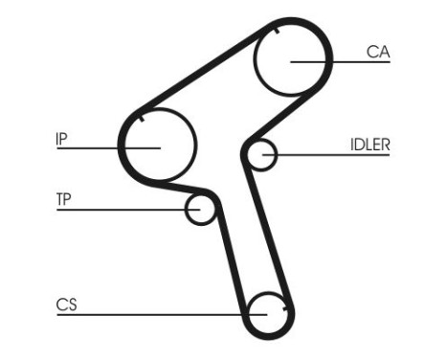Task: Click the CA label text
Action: (378, 52)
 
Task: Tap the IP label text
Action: (61, 138)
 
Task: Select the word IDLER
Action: (369, 145)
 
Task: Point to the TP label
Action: (64, 200)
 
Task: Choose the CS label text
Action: (66, 305)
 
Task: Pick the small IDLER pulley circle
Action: (261, 153)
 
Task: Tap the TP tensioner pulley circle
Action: (200, 209)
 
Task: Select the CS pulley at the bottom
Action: (267, 313)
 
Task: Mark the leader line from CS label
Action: (144, 314)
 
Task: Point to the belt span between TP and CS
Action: (229, 259)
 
